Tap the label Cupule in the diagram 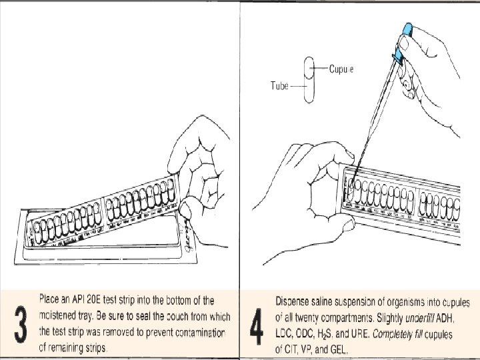click(x=341, y=69)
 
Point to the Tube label click(x=279, y=85)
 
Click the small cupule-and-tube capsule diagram click(x=307, y=80)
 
